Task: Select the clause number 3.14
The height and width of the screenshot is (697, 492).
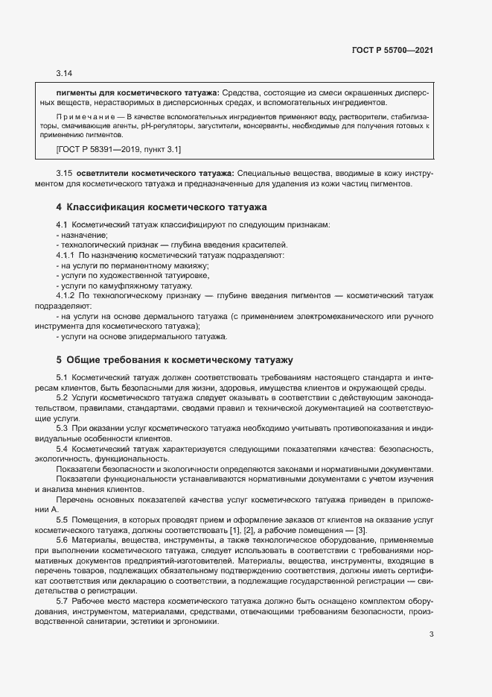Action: [64, 74]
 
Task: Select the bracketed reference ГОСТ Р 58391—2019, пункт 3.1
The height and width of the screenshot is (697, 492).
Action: [118, 151]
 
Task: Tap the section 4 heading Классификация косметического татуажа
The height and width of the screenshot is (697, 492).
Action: [161, 206]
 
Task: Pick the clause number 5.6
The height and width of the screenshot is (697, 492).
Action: [63, 539]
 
